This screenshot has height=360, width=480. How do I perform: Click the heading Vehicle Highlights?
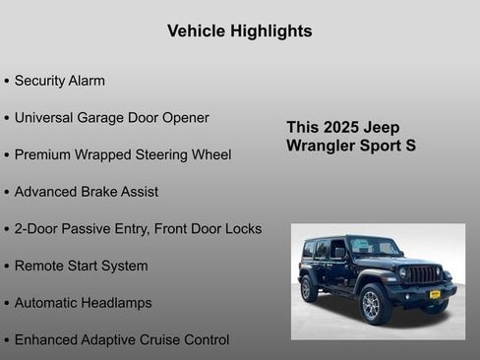pyautogui.click(x=239, y=31)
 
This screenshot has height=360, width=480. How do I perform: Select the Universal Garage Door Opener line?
pyautogui.click(x=111, y=118)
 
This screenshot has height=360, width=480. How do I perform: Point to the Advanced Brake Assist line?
pyautogui.click(x=86, y=192)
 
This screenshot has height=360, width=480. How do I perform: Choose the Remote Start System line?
pyautogui.click(x=81, y=266)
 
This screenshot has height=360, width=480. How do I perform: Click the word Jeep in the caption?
pyautogui.click(x=382, y=128)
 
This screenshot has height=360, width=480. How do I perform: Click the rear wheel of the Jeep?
pyautogui.click(x=310, y=289)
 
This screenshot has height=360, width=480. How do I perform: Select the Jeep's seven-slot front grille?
pyautogui.click(x=423, y=274)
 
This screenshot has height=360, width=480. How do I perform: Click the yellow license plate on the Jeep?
pyautogui.click(x=435, y=294)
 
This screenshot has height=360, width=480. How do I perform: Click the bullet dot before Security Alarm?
pyautogui.click(x=8, y=82)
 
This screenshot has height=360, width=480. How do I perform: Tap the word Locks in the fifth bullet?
pyautogui.click(x=243, y=229)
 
